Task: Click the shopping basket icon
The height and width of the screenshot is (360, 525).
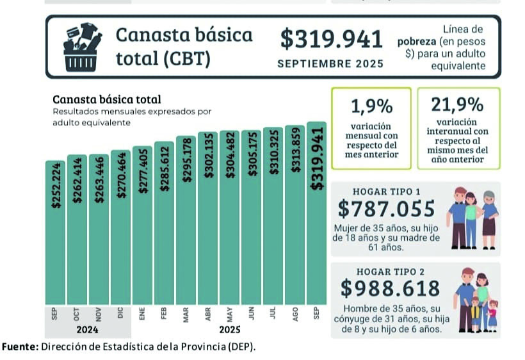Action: (82, 45)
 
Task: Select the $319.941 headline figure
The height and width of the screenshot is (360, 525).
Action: (331, 39)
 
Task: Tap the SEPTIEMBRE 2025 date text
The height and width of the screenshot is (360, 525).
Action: (330, 63)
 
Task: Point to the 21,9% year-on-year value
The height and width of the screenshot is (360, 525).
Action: (458, 104)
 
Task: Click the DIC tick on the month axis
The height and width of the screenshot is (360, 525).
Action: (120, 314)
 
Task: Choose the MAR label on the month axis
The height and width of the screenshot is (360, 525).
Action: (186, 314)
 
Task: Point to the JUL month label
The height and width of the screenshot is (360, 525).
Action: (273, 314)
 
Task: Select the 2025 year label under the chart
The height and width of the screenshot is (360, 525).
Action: (229, 331)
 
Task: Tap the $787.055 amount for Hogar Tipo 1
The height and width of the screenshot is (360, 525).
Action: (386, 209)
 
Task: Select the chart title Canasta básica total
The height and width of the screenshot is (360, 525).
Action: (106, 99)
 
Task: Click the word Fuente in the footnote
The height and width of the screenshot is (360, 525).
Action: (19, 347)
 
